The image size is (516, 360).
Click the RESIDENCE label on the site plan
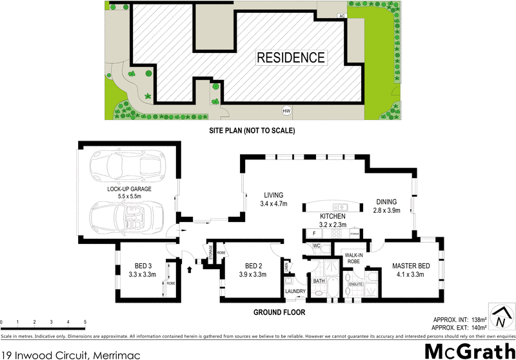coord(291,57)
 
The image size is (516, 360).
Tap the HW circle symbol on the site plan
coord(286,112)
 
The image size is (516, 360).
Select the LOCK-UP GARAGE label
coord(130,189)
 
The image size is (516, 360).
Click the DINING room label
coord(387,201)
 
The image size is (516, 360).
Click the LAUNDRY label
coord(296,291)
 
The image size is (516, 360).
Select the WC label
coord(317,246)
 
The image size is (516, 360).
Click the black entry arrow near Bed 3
coord(189,263)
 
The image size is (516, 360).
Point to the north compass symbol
coord(501,316)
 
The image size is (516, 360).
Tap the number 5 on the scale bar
coord(85,322)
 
